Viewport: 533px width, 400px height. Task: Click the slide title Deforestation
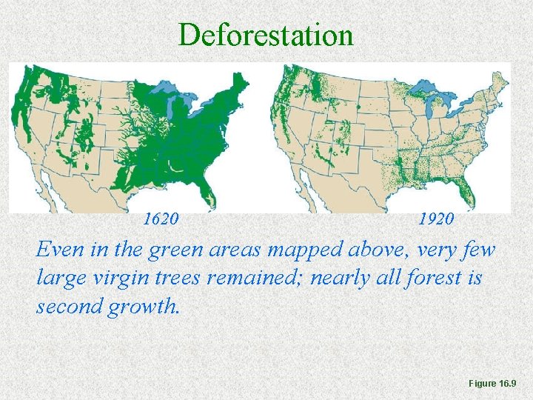coord(266,34)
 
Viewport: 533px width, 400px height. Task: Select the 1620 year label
coord(160,219)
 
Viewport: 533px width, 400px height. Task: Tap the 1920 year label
coord(437,219)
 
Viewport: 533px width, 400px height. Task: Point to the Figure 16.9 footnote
coord(497,383)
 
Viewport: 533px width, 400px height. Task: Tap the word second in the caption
coord(67,306)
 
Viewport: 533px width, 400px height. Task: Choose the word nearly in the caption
coord(348,278)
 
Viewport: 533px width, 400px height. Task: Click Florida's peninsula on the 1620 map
coord(209,196)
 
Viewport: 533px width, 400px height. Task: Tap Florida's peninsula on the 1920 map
coord(467,194)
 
